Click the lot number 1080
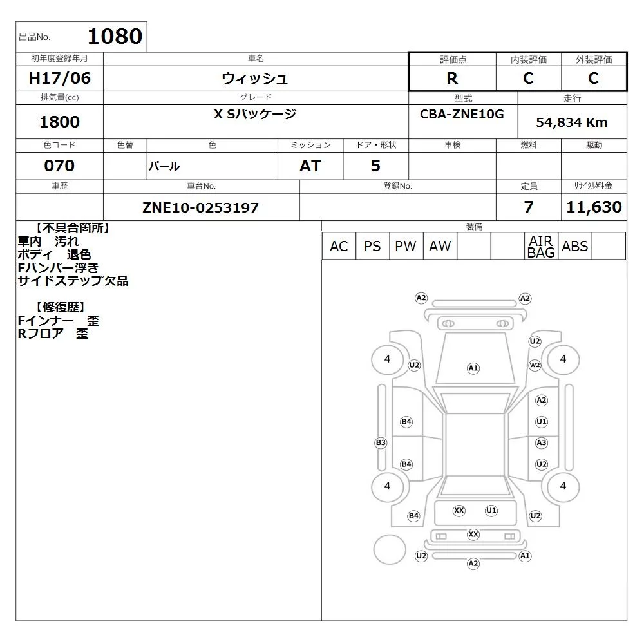tap(115, 36)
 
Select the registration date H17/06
tap(59, 78)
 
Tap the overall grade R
tap(452, 78)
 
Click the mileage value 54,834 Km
tap(571, 122)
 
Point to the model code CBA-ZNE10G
tap(462, 114)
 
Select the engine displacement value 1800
tap(59, 122)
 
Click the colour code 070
tap(59, 166)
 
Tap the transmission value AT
tap(310, 166)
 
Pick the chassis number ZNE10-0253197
tap(200, 207)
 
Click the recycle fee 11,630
tap(594, 207)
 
